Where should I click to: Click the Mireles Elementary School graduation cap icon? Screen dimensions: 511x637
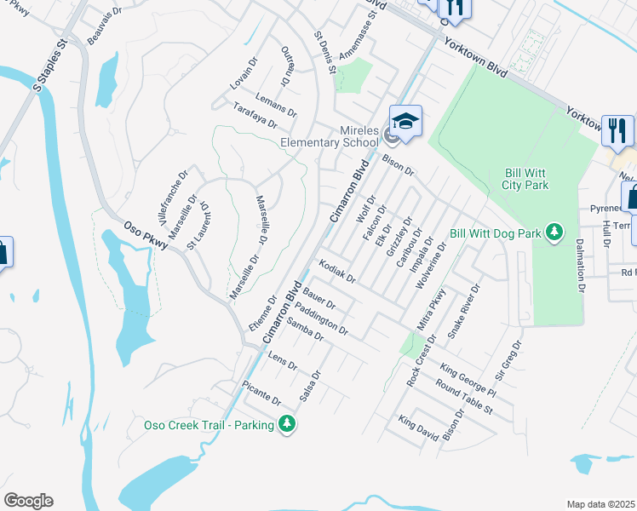(x=405, y=119)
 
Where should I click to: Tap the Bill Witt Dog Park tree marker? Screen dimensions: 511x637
(x=554, y=232)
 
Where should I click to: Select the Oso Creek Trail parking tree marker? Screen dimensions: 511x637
(x=287, y=424)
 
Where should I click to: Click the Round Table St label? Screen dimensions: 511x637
(x=464, y=396)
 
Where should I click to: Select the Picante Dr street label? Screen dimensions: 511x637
(x=261, y=394)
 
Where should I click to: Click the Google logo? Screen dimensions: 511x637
(x=28, y=501)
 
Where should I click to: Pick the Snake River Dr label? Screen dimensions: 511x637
(x=464, y=312)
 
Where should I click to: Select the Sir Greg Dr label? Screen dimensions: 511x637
(x=509, y=358)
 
